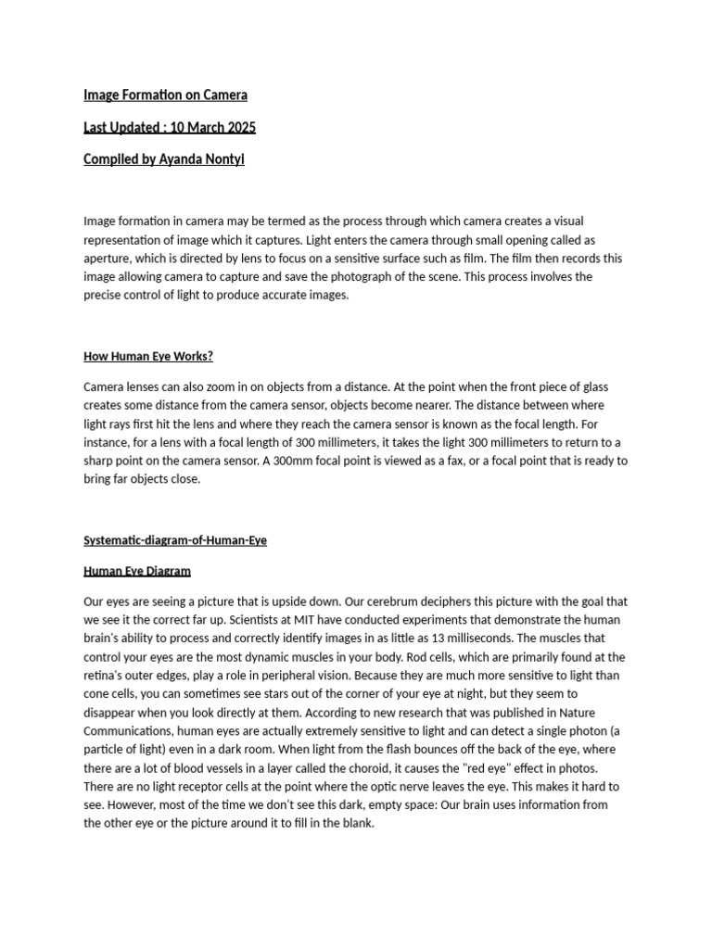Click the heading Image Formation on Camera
165,95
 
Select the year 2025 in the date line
238,127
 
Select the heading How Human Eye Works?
148,356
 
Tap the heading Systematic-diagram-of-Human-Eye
175,540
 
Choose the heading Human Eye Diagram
137,571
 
